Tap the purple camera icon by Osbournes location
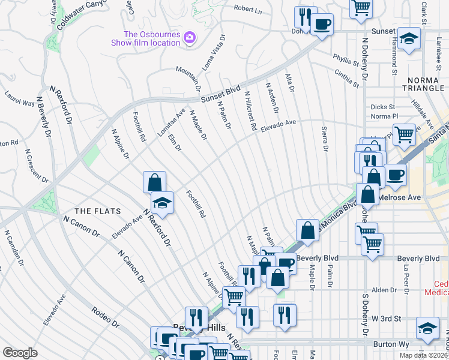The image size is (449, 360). [x=190, y=38]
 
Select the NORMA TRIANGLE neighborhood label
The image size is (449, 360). [x=424, y=85]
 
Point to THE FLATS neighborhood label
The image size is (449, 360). [x=97, y=211]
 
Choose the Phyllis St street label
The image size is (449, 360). [x=346, y=60]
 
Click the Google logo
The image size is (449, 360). [x=20, y=353]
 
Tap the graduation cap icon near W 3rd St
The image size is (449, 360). [x=427, y=327]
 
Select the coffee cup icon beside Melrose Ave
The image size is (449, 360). [x=395, y=175]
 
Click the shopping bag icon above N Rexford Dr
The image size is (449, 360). [x=154, y=181]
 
